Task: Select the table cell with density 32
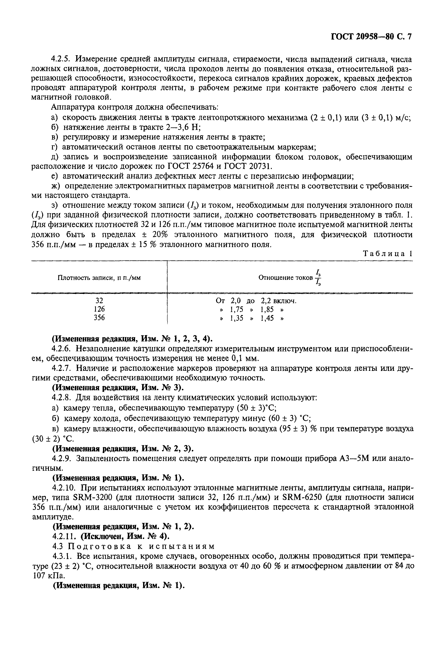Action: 99,301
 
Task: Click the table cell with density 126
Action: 99,309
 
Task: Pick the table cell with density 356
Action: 99,318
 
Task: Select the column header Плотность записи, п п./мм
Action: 99,278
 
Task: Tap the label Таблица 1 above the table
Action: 387,254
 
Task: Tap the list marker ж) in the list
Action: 55,186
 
